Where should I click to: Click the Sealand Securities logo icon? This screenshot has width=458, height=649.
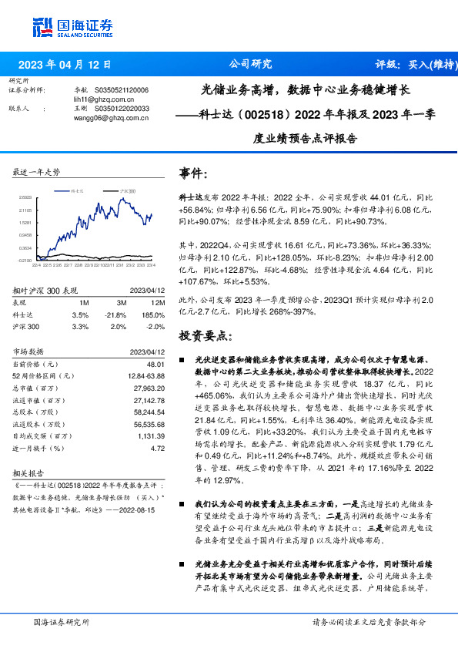pyautogui.click(x=43, y=25)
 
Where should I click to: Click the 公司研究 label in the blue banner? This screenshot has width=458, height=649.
pyautogui.click(x=251, y=65)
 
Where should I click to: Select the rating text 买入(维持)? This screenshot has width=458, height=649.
pyautogui.click(x=423, y=65)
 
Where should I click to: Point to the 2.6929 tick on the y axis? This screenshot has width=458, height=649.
pyautogui.click(x=25, y=197)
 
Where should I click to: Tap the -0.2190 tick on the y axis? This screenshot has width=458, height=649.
pyautogui.click(x=25, y=261)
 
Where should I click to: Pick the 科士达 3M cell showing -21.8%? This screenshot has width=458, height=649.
pyautogui.click(x=115, y=315)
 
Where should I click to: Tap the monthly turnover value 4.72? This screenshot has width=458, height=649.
pyautogui.click(x=158, y=447)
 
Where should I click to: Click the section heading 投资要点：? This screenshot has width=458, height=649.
pyautogui.click(x=204, y=337)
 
